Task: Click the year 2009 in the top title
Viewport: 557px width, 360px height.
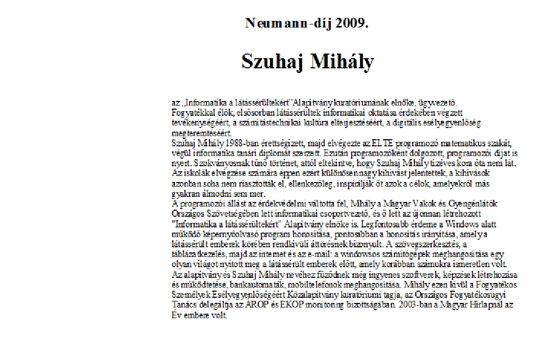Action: (352, 23)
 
